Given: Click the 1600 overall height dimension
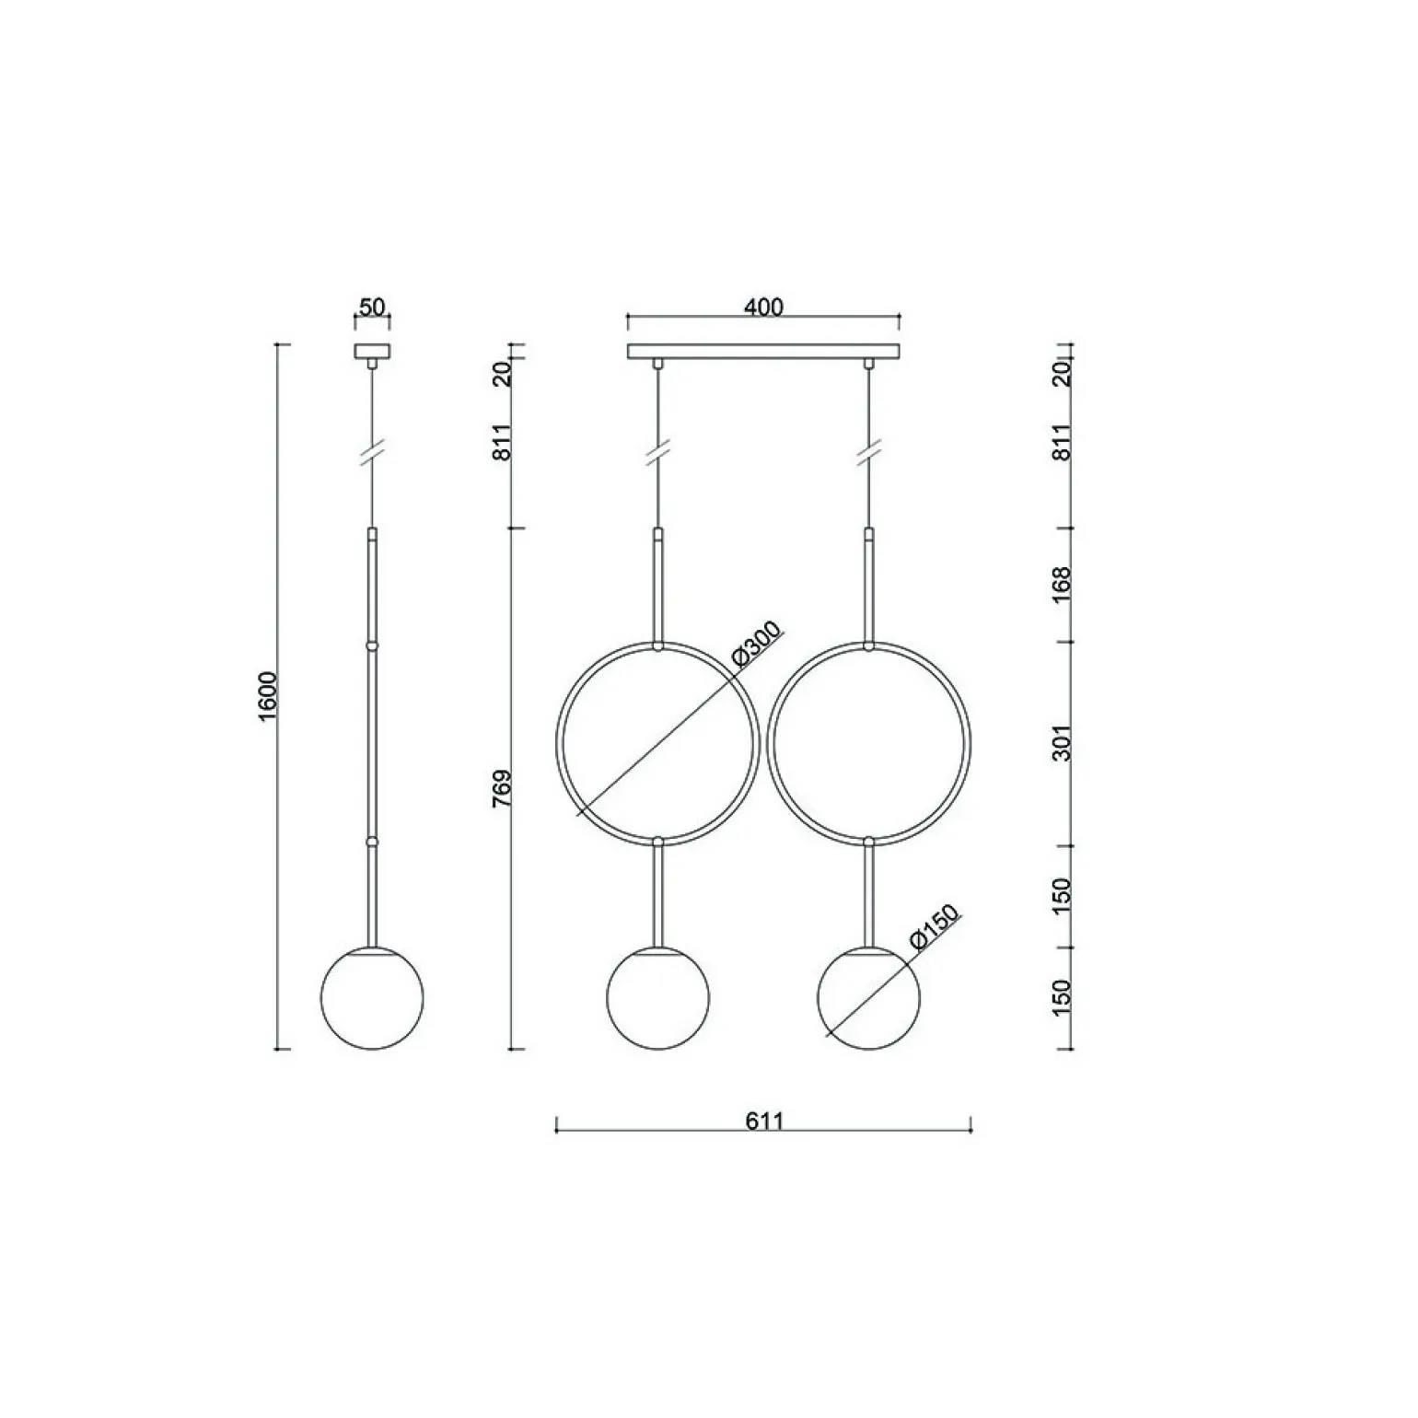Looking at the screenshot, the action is click(x=268, y=697).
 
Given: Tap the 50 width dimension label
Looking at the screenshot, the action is click(x=372, y=307).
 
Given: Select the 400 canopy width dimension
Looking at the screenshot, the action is click(x=764, y=307).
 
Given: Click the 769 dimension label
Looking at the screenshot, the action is click(x=502, y=789).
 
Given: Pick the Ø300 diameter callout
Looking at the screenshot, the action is click(x=756, y=644).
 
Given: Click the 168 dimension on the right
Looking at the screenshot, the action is click(x=1063, y=585).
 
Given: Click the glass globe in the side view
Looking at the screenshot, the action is click(x=372, y=998).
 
